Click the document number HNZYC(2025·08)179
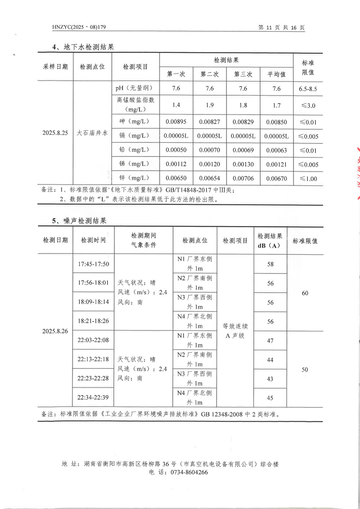pos(79,27)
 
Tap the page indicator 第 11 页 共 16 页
pos(282,28)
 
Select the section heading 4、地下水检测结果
pos(83,47)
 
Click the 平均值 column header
pos(276,75)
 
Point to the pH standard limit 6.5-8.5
pos(308,89)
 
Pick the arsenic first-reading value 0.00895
pos(176,122)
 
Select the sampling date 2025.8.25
pos(55,133)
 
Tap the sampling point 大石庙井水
pos(92,133)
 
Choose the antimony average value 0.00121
pos(276,165)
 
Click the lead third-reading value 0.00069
pos(243,150)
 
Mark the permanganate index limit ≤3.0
pos(308,105)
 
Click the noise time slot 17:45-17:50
pos(94,264)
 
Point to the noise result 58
pos(270,264)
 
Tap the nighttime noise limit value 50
pos(305,370)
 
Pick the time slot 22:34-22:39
pos(93,397)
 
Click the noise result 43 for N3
pos(270,379)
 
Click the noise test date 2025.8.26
pos(55,331)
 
